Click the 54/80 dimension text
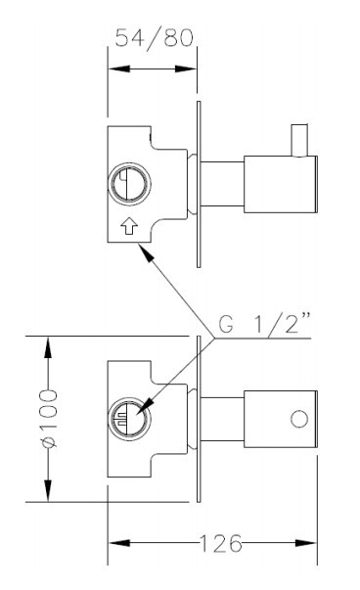click(x=155, y=37)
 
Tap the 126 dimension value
click(x=220, y=543)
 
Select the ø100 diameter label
click(x=49, y=419)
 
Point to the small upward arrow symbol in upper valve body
click(x=129, y=227)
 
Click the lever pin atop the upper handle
click(x=299, y=140)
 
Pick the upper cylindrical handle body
click(x=281, y=184)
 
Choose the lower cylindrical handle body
click(x=281, y=419)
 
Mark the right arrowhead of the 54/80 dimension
click(x=186, y=68)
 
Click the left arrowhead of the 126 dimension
click(x=119, y=543)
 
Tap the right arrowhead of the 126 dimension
click(x=306, y=543)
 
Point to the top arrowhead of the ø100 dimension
click(x=48, y=347)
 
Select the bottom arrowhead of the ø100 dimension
click(x=48, y=490)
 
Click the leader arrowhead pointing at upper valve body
click(x=146, y=252)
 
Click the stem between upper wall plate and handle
click(x=222, y=184)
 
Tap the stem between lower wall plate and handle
click(x=222, y=419)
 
